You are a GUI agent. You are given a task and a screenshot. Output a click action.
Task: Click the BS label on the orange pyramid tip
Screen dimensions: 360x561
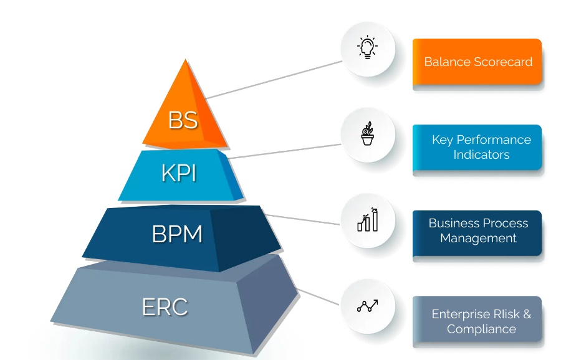click(x=183, y=120)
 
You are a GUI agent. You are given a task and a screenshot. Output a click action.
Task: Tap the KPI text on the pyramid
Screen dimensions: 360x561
click(x=179, y=174)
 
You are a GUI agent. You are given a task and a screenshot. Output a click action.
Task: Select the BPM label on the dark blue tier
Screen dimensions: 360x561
click(x=177, y=234)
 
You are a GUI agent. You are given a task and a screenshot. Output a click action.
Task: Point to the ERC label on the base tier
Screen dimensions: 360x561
click(x=165, y=307)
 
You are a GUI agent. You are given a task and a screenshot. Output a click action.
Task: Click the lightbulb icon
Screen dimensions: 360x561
click(x=368, y=48)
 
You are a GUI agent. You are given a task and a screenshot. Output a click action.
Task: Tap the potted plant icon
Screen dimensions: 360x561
click(x=368, y=134)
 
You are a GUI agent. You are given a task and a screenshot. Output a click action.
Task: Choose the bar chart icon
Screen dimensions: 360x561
click(x=368, y=220)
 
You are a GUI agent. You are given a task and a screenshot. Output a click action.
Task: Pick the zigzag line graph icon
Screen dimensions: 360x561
click(x=368, y=306)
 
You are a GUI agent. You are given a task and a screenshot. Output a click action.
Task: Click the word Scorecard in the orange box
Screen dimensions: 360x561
click(x=503, y=62)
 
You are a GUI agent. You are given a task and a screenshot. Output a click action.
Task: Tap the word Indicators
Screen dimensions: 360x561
click(x=481, y=154)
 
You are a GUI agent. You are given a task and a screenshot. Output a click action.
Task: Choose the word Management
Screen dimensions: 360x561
click(x=478, y=238)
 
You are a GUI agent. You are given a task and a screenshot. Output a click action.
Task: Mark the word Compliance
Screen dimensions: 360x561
click(x=481, y=329)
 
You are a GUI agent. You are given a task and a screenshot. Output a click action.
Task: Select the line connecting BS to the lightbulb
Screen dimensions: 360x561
click(x=274, y=79)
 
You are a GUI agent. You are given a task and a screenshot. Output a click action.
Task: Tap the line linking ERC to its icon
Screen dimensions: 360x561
click(x=319, y=297)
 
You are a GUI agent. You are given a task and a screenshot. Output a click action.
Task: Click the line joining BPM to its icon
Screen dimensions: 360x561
click(x=305, y=220)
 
